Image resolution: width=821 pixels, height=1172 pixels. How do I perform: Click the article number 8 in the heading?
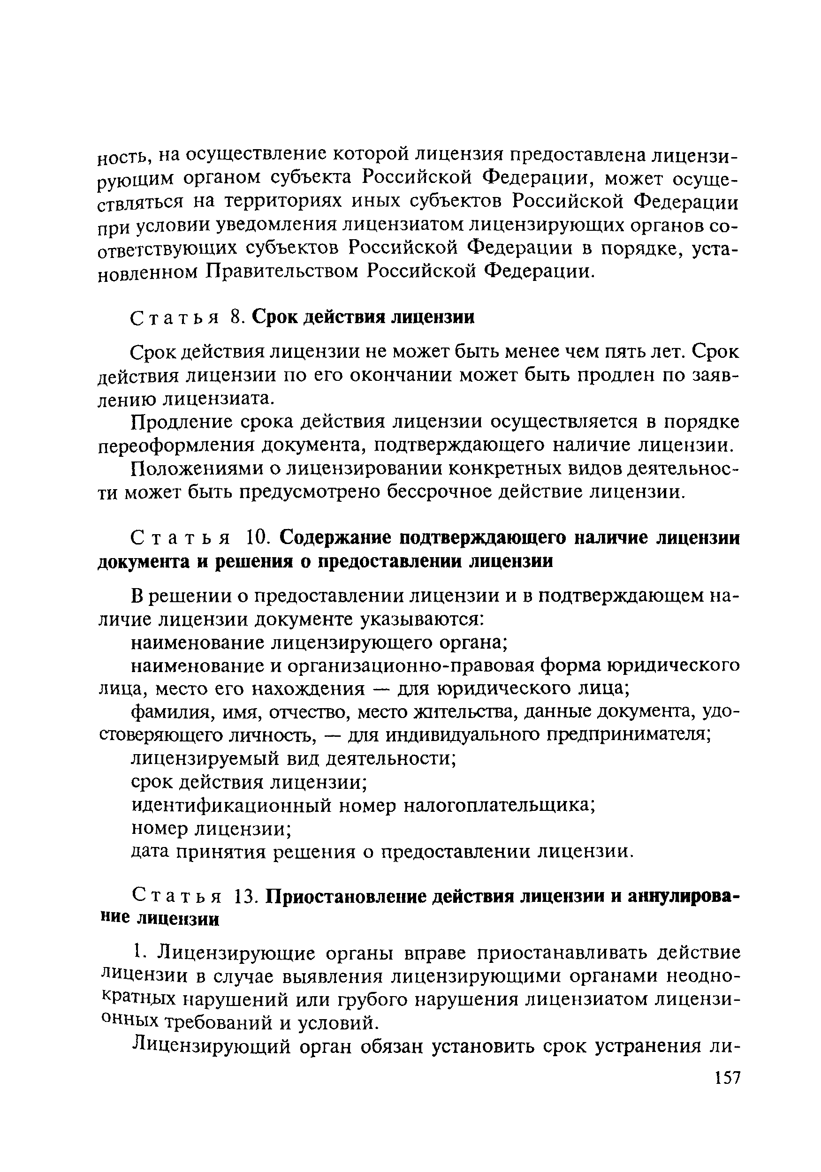coord(235,318)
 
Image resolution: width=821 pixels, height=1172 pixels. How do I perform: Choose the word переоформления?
coord(175,446)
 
